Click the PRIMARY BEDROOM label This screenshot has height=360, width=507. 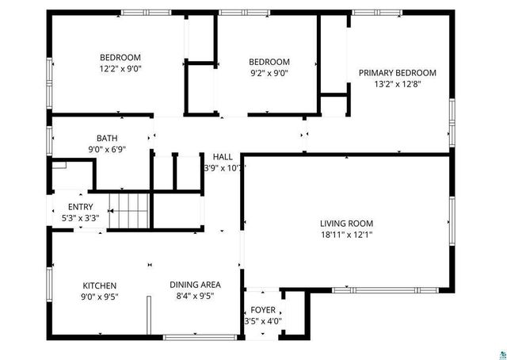pos(397,73)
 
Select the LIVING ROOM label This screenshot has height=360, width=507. pos(346,224)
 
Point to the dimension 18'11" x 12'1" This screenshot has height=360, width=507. pos(346,235)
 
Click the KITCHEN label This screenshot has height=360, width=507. pos(100,285)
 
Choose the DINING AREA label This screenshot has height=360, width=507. pos(195,285)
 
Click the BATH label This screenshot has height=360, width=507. pos(107,137)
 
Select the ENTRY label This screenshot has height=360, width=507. pos(81,206)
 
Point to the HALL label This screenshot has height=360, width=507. pos(222,156)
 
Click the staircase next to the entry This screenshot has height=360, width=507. pos(129,211)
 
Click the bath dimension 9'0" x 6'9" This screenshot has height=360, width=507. pos(107,148)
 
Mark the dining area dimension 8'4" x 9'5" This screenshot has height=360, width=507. pos(195,296)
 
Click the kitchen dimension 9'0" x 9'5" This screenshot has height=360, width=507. pos(100,297)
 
